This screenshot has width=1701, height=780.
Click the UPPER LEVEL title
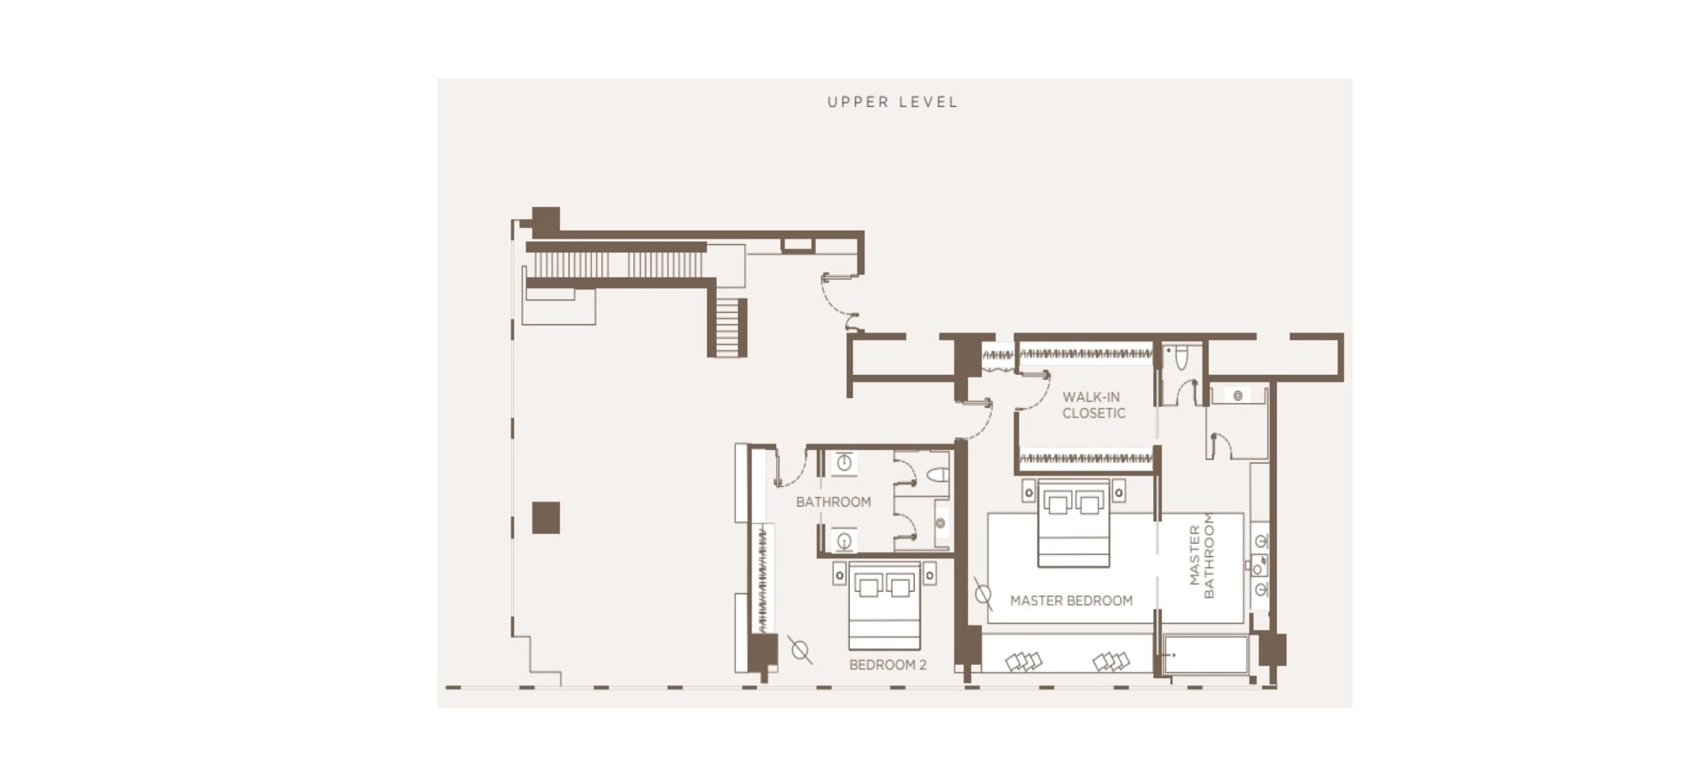[892, 102]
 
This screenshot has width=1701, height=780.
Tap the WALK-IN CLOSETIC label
[1093, 405]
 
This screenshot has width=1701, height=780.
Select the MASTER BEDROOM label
[1071, 601]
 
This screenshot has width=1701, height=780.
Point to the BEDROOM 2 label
[887, 664]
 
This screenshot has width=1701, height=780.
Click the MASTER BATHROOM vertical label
[1201, 556]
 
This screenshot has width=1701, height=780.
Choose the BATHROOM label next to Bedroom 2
[833, 502]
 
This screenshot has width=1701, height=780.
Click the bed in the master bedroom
[1073, 523]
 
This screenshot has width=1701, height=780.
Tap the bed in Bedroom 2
[884, 606]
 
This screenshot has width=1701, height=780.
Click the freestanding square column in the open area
[546, 518]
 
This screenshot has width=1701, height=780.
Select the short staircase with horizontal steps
[727, 328]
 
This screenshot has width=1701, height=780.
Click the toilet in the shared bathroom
[939, 475]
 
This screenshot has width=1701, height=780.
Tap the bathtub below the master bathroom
[1206, 655]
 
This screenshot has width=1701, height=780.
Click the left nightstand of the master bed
[1029, 491]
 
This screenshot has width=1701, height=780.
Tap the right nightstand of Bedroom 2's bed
[929, 575]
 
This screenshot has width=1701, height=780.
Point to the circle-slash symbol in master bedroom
[983, 594]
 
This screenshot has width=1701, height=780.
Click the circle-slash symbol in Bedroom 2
[799, 650]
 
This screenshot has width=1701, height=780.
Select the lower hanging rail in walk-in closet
[1086, 458]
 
